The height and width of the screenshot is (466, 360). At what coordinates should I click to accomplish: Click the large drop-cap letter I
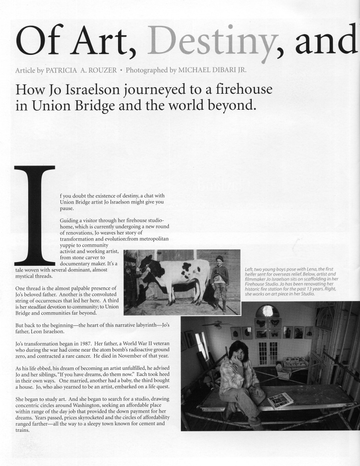pos(35,215)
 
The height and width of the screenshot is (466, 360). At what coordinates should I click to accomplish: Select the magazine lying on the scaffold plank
pos(280,400)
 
